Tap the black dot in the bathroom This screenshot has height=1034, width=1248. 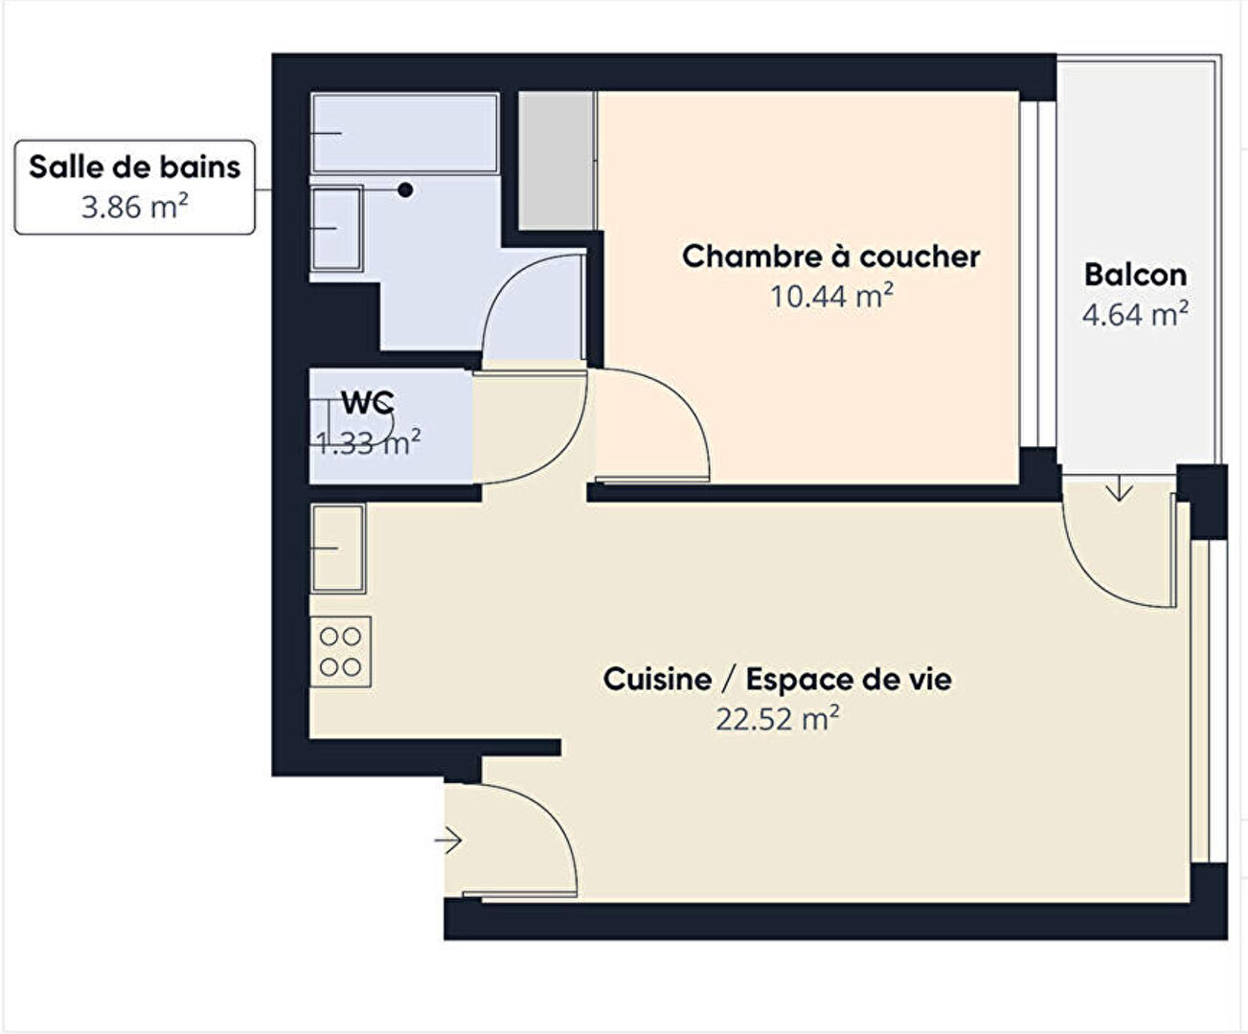point(405,190)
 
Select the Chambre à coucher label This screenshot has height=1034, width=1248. point(830,257)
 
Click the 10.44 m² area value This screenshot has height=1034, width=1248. point(831,296)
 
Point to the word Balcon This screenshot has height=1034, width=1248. point(1135,275)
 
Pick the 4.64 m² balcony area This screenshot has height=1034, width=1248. point(1135,314)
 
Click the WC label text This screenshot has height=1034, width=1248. point(368,402)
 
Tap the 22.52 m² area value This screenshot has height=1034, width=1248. point(778,719)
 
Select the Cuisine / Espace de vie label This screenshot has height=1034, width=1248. point(777,680)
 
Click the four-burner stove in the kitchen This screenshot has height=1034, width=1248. point(340,652)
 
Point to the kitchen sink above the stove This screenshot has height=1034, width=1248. point(338,549)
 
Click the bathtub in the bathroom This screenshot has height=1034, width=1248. point(404,133)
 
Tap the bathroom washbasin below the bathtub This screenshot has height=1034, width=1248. point(336,229)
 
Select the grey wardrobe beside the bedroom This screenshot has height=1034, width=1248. point(556,160)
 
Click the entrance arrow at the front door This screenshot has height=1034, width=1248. point(448,841)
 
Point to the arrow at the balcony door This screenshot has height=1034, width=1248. point(1120,487)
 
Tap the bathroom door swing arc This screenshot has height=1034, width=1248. point(507,281)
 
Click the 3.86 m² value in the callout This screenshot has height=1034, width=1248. point(134,207)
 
